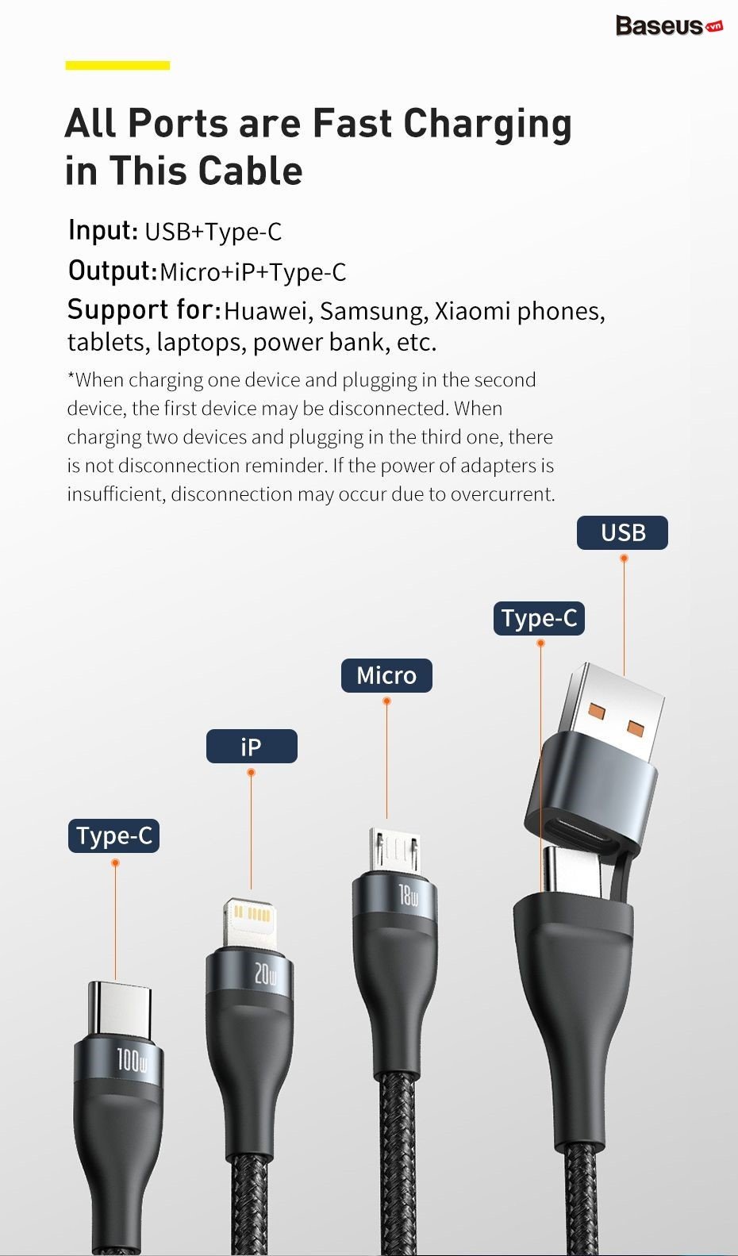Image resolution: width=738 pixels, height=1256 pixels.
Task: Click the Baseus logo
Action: click(669, 26)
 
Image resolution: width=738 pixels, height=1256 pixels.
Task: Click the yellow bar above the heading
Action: click(117, 66)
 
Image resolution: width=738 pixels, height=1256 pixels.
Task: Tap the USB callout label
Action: click(622, 532)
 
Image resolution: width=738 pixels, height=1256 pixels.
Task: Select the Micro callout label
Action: click(386, 675)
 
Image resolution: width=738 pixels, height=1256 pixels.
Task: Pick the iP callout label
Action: click(252, 747)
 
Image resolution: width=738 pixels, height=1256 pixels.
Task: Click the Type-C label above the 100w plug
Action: click(113, 836)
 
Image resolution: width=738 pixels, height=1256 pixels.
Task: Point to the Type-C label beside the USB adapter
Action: click(539, 618)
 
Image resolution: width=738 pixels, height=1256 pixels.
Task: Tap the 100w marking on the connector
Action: click(132, 1062)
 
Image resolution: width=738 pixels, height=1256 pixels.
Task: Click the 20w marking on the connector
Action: click(265, 975)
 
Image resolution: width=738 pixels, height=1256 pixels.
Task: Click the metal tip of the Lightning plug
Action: click(250, 923)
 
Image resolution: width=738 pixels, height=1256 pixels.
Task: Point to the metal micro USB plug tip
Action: click(394, 850)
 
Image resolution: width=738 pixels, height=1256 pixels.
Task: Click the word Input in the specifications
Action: click(103, 230)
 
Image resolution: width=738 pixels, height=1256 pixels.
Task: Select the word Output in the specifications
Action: click(112, 271)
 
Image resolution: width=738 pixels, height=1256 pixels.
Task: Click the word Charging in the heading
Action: click(487, 124)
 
